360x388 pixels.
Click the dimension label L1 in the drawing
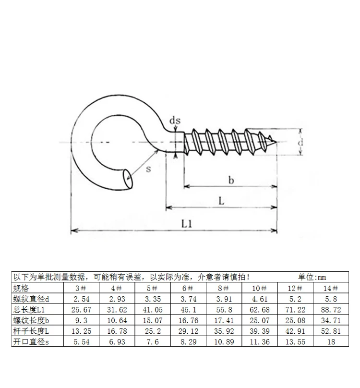click(x=187, y=224)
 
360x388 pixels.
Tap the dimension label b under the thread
click(x=231, y=180)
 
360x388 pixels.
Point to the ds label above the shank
click(x=175, y=120)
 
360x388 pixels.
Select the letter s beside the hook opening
click(x=148, y=169)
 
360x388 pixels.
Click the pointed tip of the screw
click(x=276, y=142)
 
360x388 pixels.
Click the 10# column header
click(x=260, y=288)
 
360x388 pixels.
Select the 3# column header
click(x=81, y=288)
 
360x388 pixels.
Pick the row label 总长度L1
click(x=29, y=310)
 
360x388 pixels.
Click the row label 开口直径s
click(x=31, y=342)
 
